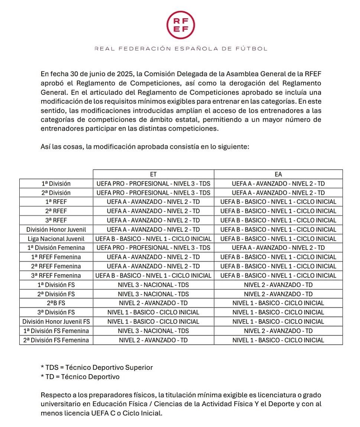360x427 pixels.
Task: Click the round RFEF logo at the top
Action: pyautogui.click(x=180, y=25)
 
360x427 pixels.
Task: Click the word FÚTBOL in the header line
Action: pyautogui.click(x=253, y=49)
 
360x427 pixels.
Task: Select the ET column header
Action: pyautogui.click(x=153, y=174)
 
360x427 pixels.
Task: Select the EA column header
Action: pyautogui.click(x=278, y=174)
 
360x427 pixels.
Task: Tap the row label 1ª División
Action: pyautogui.click(x=56, y=184)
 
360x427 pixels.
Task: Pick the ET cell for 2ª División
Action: pyautogui.click(x=153, y=193)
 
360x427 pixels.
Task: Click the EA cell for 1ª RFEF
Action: pyautogui.click(x=278, y=202)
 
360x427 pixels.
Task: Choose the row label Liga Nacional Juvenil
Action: pyautogui.click(x=56, y=239)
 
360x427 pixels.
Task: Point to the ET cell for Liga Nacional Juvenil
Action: pyautogui.click(x=153, y=239)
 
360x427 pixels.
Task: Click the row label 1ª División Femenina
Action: pyautogui.click(x=56, y=248)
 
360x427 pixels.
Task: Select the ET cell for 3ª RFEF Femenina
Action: pyautogui.click(x=153, y=276)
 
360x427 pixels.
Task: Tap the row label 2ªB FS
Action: pyautogui.click(x=56, y=303)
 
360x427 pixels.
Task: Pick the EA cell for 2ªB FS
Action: pyautogui.click(x=278, y=303)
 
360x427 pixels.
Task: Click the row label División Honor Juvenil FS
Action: pyautogui.click(x=56, y=322)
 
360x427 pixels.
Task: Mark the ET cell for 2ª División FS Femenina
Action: pyautogui.click(x=153, y=340)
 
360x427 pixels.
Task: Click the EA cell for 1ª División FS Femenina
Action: pyautogui.click(x=278, y=331)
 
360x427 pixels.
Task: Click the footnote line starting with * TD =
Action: pyautogui.click(x=80, y=377)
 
